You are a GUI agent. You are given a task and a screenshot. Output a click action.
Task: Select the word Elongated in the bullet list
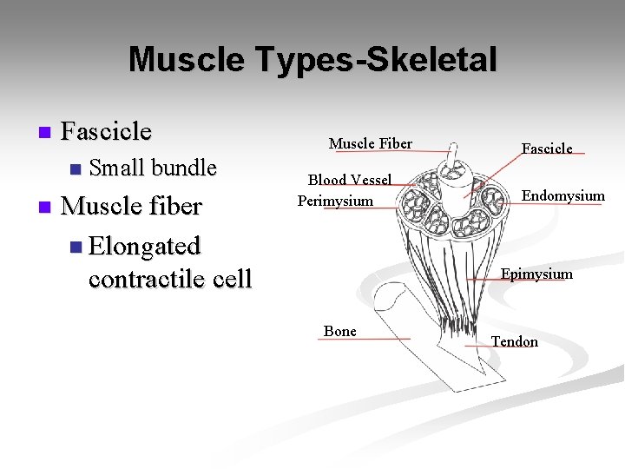click(145, 246)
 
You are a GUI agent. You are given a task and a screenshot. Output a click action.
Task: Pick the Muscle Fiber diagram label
click(370, 143)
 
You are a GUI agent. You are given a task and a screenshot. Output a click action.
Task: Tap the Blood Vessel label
click(350, 180)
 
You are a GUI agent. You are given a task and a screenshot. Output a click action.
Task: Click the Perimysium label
click(335, 201)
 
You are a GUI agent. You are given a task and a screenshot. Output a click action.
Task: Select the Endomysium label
click(562, 195)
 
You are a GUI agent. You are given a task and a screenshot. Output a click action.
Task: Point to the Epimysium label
click(536, 274)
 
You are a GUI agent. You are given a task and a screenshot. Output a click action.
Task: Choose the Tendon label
click(515, 341)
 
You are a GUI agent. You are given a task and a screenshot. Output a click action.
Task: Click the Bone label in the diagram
click(339, 331)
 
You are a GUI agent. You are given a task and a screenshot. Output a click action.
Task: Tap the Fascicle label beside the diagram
click(546, 149)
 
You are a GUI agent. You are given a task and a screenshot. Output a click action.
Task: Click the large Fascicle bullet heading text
click(107, 131)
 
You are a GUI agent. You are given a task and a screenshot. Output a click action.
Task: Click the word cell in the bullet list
click(229, 280)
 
